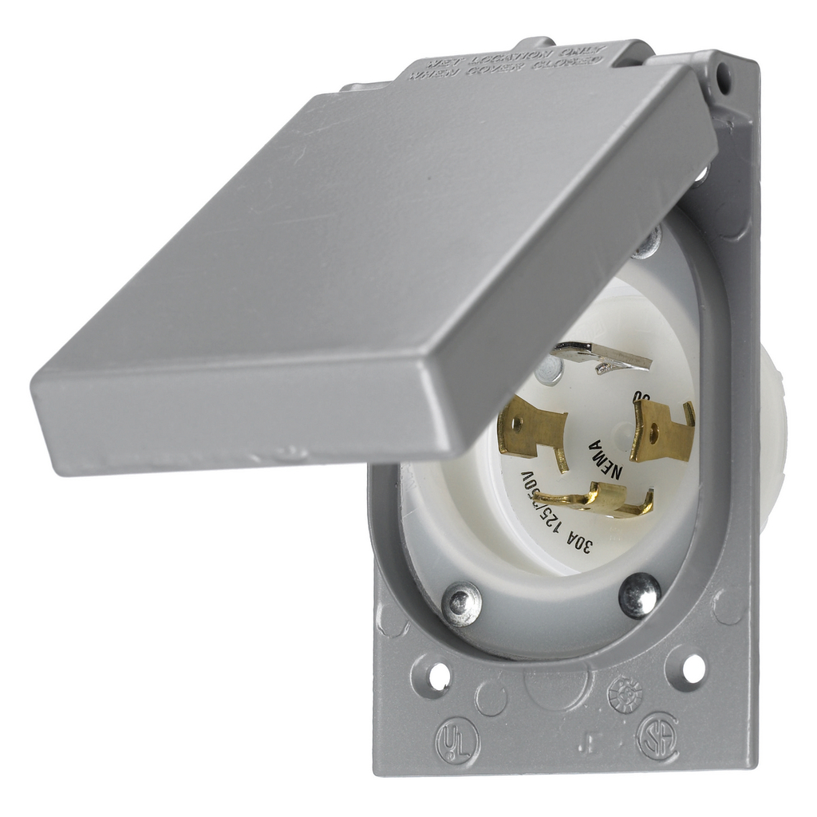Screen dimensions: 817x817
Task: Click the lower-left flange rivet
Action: (462, 603)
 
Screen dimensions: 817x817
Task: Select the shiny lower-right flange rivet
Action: (640, 594)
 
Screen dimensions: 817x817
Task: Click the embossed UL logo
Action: (457, 743)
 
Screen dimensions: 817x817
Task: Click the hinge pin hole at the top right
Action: (724, 77)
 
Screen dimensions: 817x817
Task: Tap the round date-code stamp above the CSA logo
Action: (625, 694)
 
